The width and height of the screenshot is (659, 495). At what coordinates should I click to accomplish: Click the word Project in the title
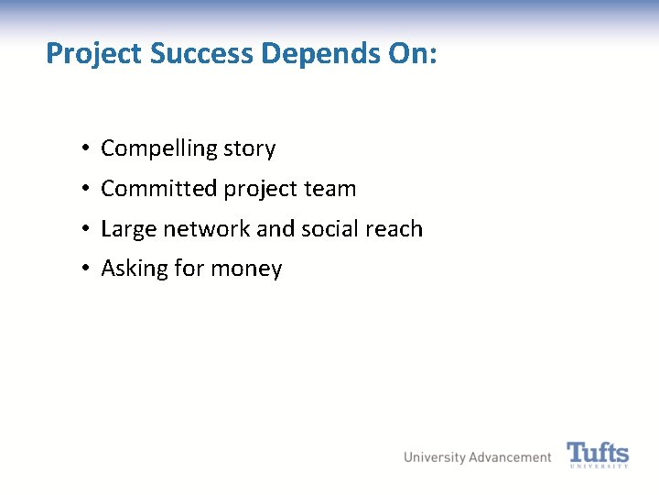coord(94,54)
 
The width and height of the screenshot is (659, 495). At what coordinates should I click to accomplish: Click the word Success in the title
coord(202,53)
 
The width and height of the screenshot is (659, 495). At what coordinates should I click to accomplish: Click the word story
coord(250,149)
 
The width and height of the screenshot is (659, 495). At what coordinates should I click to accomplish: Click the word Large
coord(129,229)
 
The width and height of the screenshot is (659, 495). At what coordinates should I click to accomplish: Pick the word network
coord(207,228)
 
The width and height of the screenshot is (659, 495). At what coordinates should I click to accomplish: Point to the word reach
coord(395,228)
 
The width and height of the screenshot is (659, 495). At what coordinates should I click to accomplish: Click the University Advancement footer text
coord(478,457)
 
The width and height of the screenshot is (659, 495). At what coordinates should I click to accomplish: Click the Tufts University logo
coord(598,455)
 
